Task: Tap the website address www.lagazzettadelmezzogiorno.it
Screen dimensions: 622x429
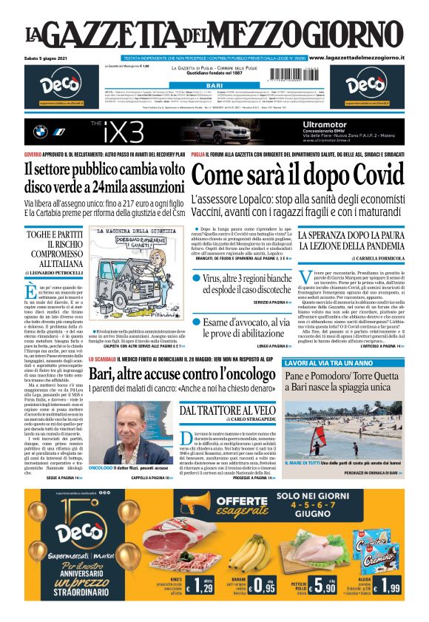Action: (365, 57)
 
